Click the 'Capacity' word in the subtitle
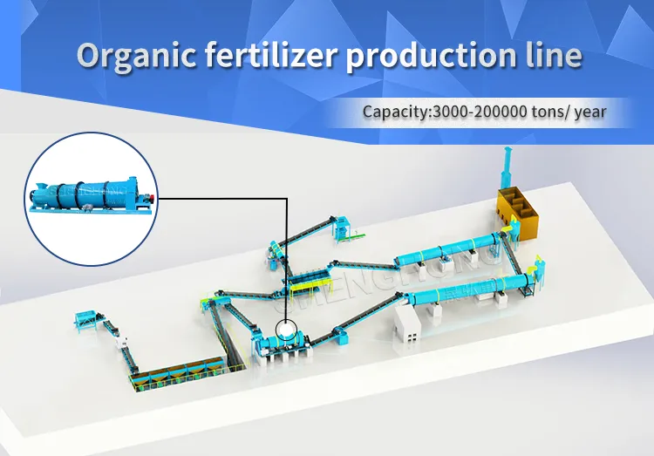click(391, 112)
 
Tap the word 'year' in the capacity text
click(589, 112)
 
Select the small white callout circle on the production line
click(286, 330)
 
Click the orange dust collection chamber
click(517, 208)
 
